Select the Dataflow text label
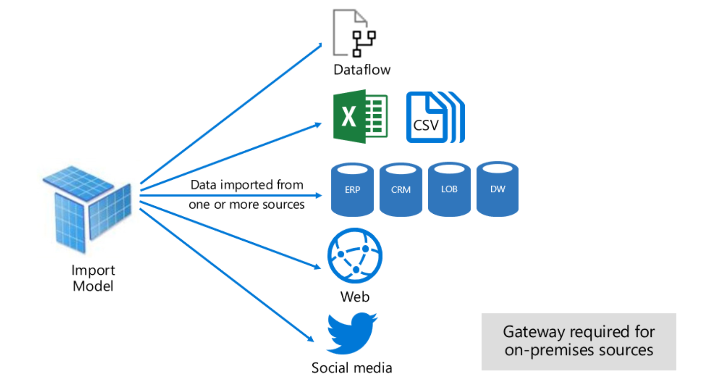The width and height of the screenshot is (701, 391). pyautogui.click(x=362, y=69)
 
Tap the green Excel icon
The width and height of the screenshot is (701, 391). pyautogui.click(x=360, y=116)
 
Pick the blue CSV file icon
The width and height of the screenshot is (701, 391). pyautogui.click(x=434, y=118)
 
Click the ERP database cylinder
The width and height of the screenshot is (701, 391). pyautogui.click(x=352, y=189)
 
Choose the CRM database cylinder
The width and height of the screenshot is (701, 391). pyautogui.click(x=401, y=189)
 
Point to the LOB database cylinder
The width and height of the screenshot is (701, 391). pyautogui.click(x=449, y=189)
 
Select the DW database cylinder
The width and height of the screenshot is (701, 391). pyautogui.click(x=497, y=189)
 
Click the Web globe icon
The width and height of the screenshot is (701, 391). pyautogui.click(x=355, y=256)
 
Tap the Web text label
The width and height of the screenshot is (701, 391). pyautogui.click(x=355, y=296)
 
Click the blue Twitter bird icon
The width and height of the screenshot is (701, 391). pyautogui.click(x=351, y=333)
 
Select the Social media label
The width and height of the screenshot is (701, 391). pyautogui.click(x=352, y=368)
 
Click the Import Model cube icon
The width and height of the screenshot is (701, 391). pyautogui.click(x=87, y=209)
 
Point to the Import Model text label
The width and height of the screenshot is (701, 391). pyautogui.click(x=93, y=278)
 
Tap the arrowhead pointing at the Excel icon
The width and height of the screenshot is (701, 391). pyautogui.click(x=318, y=125)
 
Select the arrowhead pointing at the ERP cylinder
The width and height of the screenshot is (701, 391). pyautogui.click(x=318, y=195)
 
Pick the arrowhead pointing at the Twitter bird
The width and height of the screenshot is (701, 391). pyautogui.click(x=311, y=339)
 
